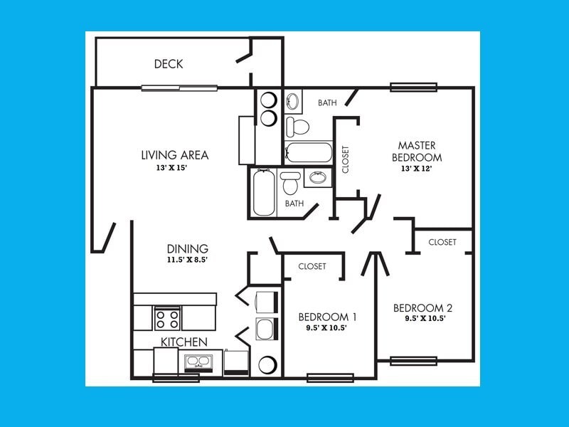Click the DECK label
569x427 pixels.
(x=169, y=64)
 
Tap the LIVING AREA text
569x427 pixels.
(x=174, y=155)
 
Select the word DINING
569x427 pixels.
(x=188, y=249)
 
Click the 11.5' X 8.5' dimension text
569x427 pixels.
(x=188, y=260)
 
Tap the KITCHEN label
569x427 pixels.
(x=184, y=342)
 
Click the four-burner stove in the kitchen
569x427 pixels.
(x=168, y=317)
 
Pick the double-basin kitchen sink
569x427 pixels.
(x=198, y=362)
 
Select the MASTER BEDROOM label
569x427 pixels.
(x=420, y=151)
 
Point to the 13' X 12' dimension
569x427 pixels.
(x=416, y=169)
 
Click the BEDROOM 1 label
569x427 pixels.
(x=327, y=317)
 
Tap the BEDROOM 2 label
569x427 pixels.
(x=423, y=308)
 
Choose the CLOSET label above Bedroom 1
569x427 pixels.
(x=312, y=266)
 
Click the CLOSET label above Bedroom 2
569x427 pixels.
(x=442, y=243)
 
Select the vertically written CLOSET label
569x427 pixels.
(x=346, y=160)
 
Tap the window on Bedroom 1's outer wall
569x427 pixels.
(x=330, y=377)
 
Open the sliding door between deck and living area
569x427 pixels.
(x=179, y=88)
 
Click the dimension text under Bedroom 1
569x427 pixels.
(x=327, y=329)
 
